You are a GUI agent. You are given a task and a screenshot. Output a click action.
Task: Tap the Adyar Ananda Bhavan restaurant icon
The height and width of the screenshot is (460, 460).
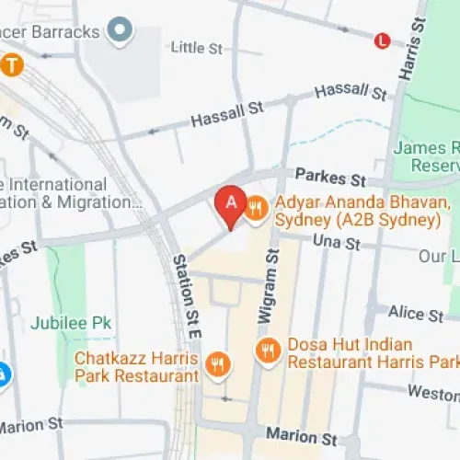[x=257, y=209]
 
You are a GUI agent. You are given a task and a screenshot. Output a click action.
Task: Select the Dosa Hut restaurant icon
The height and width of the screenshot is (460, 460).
[x=268, y=349]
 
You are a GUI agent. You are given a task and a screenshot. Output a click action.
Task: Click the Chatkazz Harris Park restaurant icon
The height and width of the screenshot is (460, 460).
[x=217, y=364]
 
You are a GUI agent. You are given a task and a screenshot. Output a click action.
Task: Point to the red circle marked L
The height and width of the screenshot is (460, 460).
[x=382, y=40]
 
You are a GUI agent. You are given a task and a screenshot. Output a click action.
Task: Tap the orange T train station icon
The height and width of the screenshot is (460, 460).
[x=11, y=65]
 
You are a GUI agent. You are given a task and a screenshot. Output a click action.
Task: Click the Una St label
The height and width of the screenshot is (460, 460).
[x=339, y=244]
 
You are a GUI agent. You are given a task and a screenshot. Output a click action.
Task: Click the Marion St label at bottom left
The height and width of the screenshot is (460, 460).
[x=30, y=425]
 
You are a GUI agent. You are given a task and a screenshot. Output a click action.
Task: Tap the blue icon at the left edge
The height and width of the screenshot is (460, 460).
[x=4, y=374]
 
